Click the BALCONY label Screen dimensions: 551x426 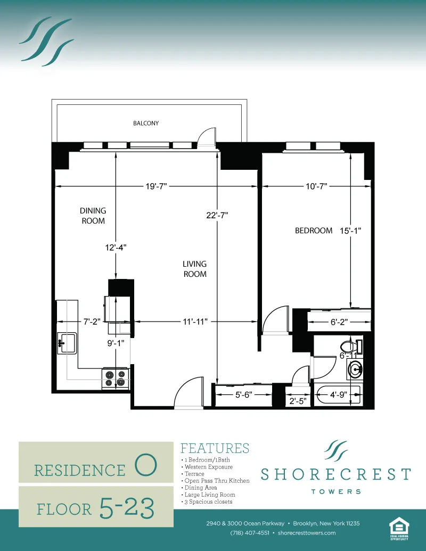click(x=146, y=123)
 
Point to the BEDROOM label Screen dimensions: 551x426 click(x=314, y=231)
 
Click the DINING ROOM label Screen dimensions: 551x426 click(x=93, y=216)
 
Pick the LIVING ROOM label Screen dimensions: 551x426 click(x=194, y=269)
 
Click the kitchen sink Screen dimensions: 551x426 click(x=67, y=342)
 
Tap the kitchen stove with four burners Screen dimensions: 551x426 click(x=116, y=378)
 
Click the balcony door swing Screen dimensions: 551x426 click(x=206, y=138)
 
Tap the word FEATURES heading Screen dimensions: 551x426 click(x=215, y=448)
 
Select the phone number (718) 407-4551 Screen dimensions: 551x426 click(x=250, y=533)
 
